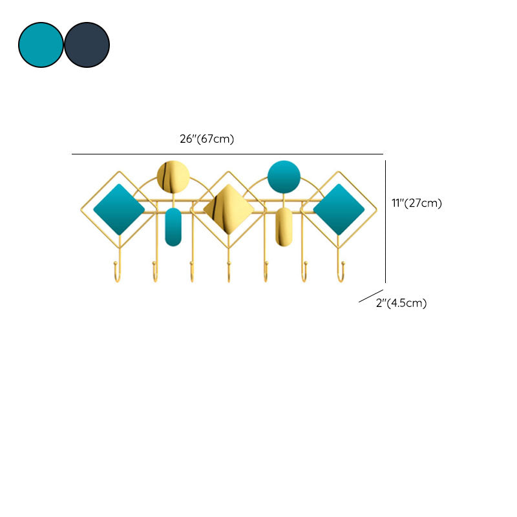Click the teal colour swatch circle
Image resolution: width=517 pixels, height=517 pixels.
[x=41, y=45]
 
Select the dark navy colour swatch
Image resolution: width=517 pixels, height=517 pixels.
[x=87, y=45]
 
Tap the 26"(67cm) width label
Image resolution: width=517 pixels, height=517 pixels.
[x=206, y=139]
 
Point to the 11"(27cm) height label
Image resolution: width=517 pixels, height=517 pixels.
[x=416, y=203]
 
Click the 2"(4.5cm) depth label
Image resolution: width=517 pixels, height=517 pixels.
[x=401, y=303]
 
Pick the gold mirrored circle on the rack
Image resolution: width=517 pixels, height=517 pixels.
[x=173, y=177]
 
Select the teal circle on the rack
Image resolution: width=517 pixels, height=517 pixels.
[x=284, y=176]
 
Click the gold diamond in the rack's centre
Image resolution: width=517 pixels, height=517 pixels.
[x=228, y=209]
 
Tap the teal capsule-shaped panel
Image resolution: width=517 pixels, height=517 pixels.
[x=173, y=226]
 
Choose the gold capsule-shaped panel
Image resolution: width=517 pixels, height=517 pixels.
[x=284, y=226]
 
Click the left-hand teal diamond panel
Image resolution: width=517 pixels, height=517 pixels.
[x=119, y=209]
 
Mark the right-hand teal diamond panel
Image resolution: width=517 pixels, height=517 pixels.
[x=339, y=209]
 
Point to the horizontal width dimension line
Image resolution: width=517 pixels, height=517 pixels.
[x=226, y=154]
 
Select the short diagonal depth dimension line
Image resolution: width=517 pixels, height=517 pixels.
[x=371, y=296]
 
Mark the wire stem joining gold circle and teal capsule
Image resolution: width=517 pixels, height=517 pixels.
[x=173, y=200]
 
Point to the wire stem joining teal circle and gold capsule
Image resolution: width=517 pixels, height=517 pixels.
[x=284, y=200]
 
